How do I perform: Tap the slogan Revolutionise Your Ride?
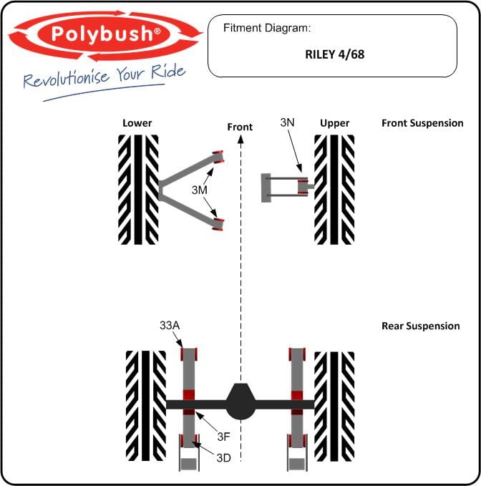tap(105, 77)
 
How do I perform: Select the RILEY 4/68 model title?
tap(335, 54)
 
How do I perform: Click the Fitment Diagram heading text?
tap(267, 28)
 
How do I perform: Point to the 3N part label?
tap(287, 122)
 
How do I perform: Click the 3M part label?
tap(199, 190)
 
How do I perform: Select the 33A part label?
tap(170, 326)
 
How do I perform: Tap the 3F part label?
tap(223, 437)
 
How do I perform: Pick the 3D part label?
tap(223, 458)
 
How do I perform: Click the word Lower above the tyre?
tap(137, 123)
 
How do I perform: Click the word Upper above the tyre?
tap(335, 123)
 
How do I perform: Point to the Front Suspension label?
tap(422, 123)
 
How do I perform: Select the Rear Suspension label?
tap(421, 326)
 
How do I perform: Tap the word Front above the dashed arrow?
tap(240, 127)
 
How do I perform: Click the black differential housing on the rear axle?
tap(240, 402)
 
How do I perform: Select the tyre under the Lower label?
tap(138, 190)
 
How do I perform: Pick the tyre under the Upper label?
tap(334, 190)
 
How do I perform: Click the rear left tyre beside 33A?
tap(146, 406)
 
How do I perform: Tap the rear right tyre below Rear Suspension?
tap(334, 407)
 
